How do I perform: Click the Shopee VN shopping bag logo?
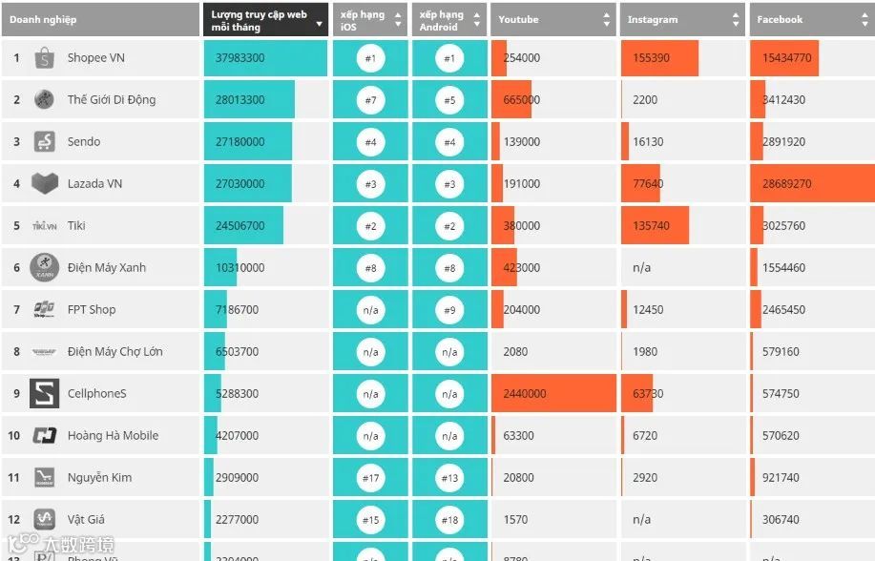[44, 58]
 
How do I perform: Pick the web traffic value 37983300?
[240, 58]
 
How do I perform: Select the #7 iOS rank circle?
[370, 100]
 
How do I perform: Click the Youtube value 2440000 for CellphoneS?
[525, 394]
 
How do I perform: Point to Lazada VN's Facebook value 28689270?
[787, 184]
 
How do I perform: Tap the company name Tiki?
[76, 226]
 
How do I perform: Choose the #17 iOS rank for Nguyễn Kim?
[370, 478]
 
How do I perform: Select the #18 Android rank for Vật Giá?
[449, 520]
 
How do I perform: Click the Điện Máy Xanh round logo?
[44, 267]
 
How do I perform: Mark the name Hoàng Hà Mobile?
[113, 436]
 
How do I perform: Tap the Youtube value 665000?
[522, 100]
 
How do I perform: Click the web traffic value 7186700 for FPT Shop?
[237, 310]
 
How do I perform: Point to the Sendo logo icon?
[44, 142]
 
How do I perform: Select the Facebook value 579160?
[781, 352]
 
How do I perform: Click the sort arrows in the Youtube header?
[607, 20]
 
